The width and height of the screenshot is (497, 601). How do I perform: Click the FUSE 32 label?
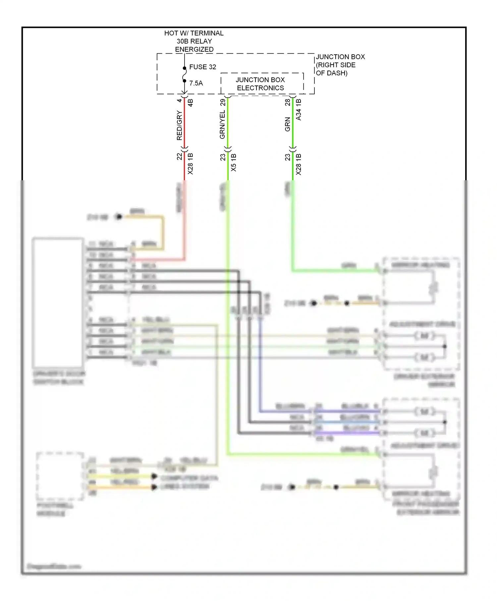click(x=202, y=67)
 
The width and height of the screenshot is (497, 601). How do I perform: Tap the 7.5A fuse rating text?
click(x=196, y=83)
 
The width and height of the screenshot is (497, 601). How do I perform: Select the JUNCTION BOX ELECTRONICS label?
click(x=260, y=84)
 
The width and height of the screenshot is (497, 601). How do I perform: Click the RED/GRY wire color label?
click(x=179, y=125)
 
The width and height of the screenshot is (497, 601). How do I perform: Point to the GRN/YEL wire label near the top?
click(x=222, y=125)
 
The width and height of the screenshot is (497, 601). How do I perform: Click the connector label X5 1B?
click(x=234, y=162)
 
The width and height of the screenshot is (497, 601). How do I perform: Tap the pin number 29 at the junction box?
click(x=223, y=102)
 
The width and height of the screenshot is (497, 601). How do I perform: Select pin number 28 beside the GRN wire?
click(x=288, y=102)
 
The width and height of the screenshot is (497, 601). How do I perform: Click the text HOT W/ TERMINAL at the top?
click(x=194, y=33)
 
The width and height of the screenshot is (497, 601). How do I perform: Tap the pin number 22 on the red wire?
click(x=179, y=156)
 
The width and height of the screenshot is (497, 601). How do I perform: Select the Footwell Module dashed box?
click(x=60, y=476)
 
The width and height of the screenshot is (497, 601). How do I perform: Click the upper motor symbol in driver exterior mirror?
click(x=424, y=336)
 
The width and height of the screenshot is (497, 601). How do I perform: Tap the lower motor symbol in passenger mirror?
click(x=424, y=433)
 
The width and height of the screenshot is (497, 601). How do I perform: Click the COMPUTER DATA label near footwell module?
click(x=189, y=478)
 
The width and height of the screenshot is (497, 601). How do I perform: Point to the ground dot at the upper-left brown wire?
click(x=119, y=217)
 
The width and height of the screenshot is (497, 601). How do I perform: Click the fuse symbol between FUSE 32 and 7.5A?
click(x=185, y=75)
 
